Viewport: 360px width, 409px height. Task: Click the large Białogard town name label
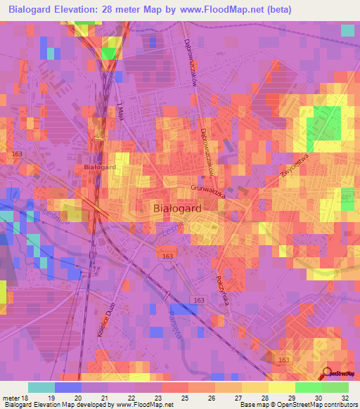pyautogui.click(x=178, y=209)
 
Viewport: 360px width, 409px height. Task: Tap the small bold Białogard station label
pyautogui.click(x=99, y=167)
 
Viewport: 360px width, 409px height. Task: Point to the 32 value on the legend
pyautogui.click(x=344, y=398)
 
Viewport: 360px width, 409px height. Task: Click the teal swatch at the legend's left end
pyautogui.click(x=41, y=387)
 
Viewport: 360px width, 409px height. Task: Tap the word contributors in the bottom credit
pyautogui.click(x=341, y=405)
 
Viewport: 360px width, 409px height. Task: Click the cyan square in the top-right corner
pyautogui.click(x=347, y=30)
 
